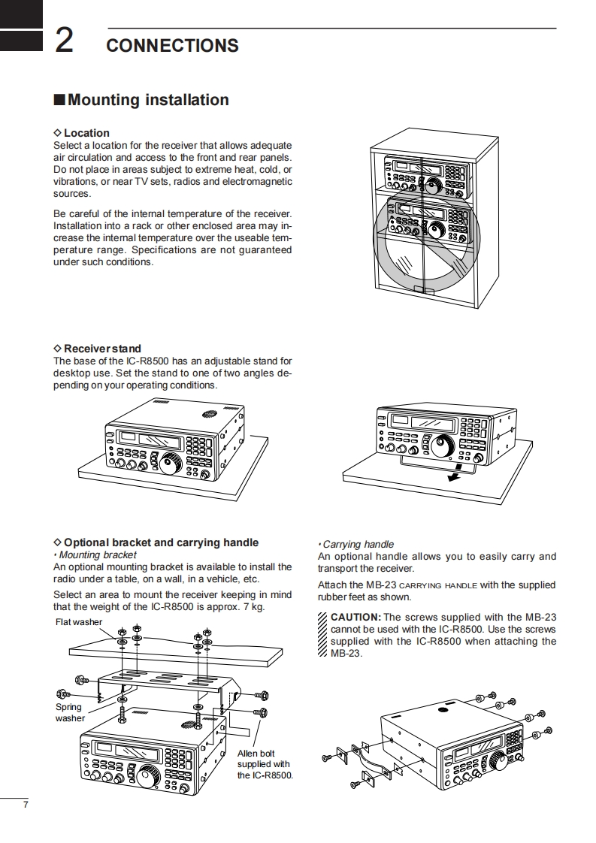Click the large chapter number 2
pos(64,41)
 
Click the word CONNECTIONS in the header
pos(172,46)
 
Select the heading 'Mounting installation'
pos(148,100)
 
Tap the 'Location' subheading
pos(86,133)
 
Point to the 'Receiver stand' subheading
pos(102,349)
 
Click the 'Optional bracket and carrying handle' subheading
pos(161,542)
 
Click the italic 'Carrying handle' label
pos(358,544)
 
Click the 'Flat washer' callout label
pos(79,622)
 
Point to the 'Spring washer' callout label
pos(70,712)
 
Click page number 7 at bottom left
pos(25,805)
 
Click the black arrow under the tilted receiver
pos(453,476)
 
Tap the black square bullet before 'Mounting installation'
pos(59,101)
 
